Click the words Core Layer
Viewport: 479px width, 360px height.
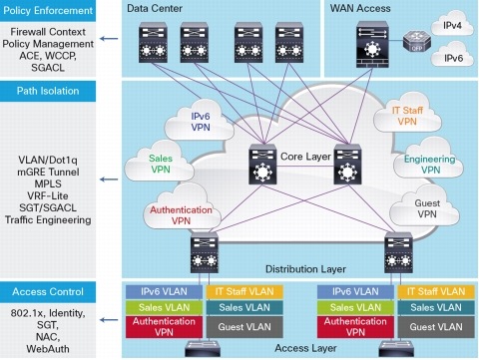299,157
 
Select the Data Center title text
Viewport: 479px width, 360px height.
155,9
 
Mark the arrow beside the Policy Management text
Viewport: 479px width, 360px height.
113,39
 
